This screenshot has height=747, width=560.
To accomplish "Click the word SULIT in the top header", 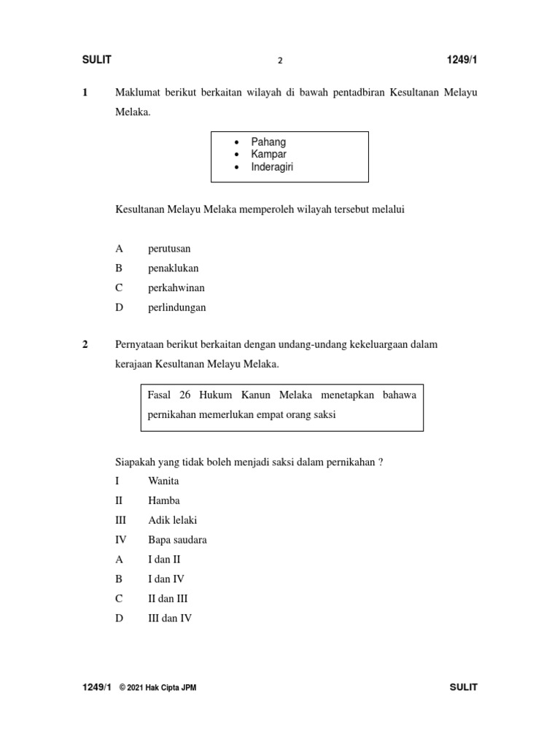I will point(96,60).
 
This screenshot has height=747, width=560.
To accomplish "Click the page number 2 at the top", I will point(280,61).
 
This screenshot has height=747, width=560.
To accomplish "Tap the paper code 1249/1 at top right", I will point(462,60).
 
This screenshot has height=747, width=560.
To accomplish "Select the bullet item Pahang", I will point(268,142).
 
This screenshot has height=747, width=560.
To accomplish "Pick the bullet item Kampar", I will point(268,155).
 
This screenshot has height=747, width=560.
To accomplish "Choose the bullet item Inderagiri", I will point(272,167).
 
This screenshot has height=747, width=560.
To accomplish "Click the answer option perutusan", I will point(169,249).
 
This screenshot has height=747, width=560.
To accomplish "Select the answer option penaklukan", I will point(173,268).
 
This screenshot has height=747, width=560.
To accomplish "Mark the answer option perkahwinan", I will point(176,288).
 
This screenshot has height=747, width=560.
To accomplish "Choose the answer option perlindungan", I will point(177,308).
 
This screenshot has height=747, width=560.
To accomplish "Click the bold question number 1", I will point(85,93).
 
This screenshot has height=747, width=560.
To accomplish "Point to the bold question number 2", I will point(85,344).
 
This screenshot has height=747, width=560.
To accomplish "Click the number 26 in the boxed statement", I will point(185,395).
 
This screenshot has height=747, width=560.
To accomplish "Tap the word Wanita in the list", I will point(163,481).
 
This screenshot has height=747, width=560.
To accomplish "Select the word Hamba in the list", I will point(163,501).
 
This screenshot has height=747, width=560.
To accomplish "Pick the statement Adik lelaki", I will point(172,521).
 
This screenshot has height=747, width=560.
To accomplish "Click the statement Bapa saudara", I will point(176,541).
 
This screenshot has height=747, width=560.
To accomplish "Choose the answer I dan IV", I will point(166,579).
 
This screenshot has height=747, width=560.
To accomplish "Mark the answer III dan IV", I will point(170,619).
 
